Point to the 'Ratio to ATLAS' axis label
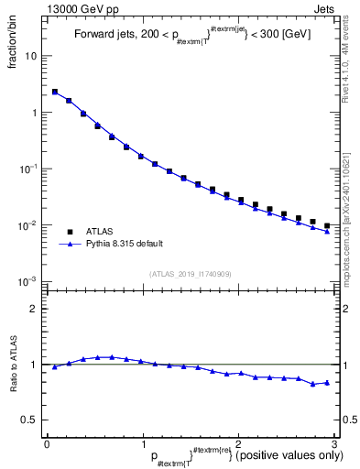point(14,364)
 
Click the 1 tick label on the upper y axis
point(36,113)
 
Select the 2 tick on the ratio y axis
point(36,309)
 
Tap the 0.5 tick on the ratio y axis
point(31,420)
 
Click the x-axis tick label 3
point(334,442)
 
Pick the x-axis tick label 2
point(238,442)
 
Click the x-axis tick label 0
point(47,442)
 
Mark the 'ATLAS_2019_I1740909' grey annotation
point(191,274)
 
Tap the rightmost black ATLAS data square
point(327,224)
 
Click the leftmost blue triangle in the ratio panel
point(54,366)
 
